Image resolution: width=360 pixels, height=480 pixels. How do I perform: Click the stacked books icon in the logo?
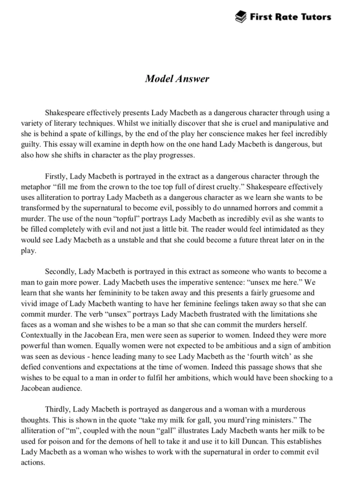(x=240, y=17)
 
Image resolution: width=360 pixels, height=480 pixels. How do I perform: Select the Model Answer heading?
(x=177, y=79)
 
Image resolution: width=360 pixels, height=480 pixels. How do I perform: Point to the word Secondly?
(x=60, y=272)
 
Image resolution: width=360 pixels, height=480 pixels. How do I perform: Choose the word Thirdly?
(x=59, y=409)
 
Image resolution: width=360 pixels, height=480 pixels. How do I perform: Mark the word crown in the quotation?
(x=110, y=187)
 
